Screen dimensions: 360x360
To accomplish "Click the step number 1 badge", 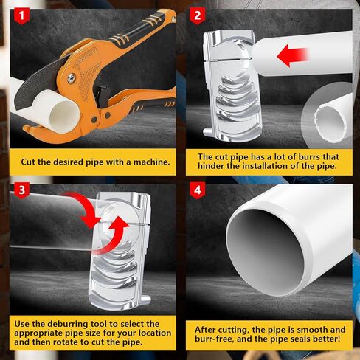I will tap(21, 15).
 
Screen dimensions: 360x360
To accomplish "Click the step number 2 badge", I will tap(197, 15).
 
